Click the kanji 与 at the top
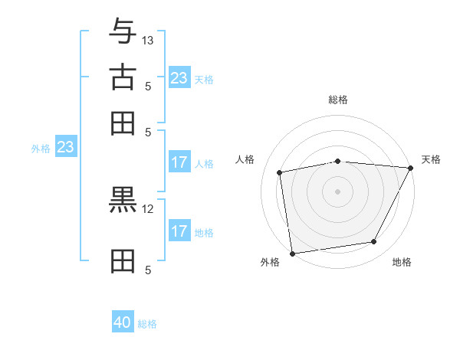point(123,32)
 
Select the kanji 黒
point(123,201)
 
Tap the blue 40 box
point(123,322)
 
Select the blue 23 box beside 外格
point(65,147)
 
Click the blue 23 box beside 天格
point(179,78)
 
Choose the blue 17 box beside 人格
point(179,162)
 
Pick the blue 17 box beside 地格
point(179,231)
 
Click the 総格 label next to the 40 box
point(147,324)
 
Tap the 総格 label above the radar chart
point(338,100)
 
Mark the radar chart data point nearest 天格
point(411,168)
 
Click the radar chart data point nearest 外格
point(292,253)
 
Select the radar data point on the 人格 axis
point(281,172)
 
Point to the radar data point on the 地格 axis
point(374,242)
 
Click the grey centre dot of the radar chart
point(337,191)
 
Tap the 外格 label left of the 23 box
point(41,149)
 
